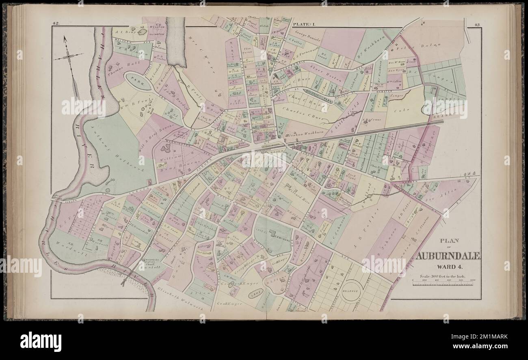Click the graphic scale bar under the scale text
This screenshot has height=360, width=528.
tap(445, 284)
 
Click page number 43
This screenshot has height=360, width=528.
tap(477, 25)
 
